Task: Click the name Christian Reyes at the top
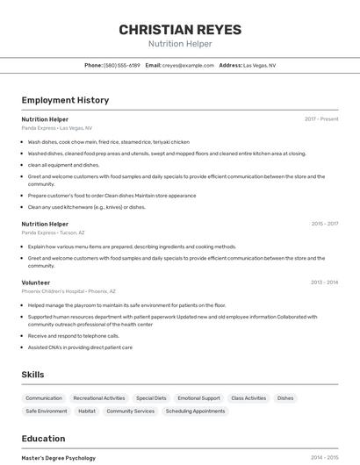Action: click(x=180, y=30)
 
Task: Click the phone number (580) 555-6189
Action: click(x=122, y=65)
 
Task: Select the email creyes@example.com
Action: click(x=188, y=65)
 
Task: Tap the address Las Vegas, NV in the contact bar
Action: click(x=259, y=65)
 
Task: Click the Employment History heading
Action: click(x=65, y=100)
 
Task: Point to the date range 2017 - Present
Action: click(x=321, y=118)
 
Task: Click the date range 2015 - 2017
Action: click(x=324, y=224)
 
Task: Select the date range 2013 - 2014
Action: click(x=324, y=283)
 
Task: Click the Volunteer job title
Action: click(x=36, y=283)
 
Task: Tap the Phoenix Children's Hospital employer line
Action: click(x=68, y=290)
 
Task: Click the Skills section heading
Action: click(x=32, y=375)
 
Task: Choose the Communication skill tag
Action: click(x=44, y=398)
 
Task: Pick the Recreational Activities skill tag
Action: click(x=99, y=398)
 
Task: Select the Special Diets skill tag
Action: click(x=151, y=398)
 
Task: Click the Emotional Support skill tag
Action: click(x=198, y=398)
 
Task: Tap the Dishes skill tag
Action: click(x=285, y=398)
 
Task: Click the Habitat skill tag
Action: click(x=87, y=411)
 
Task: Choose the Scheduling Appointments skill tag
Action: click(x=196, y=411)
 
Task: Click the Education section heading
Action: click(x=43, y=439)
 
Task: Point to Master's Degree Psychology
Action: click(x=59, y=458)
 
